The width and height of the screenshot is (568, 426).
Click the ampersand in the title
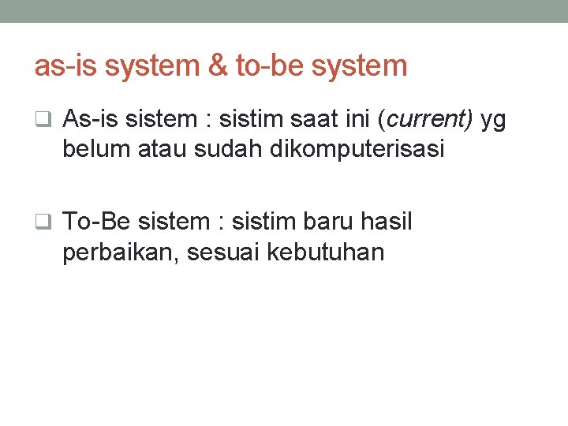(x=217, y=65)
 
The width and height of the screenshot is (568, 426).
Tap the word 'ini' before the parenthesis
(x=355, y=120)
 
